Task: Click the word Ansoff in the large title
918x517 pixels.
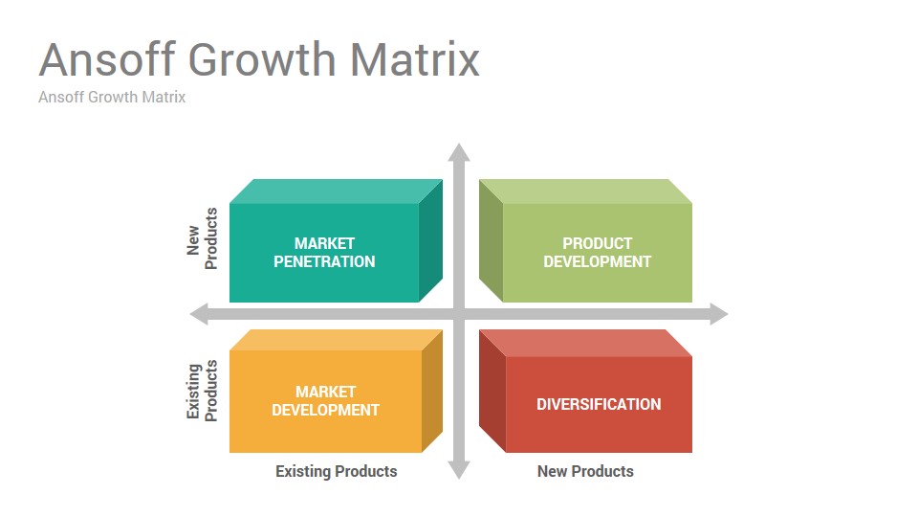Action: [107, 59]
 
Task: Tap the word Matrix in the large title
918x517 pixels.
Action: [414, 59]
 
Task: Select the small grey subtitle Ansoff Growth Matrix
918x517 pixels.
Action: [112, 97]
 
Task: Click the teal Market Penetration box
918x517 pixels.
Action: [336, 241]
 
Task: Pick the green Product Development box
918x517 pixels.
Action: [585, 241]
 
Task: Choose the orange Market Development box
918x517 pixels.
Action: [336, 391]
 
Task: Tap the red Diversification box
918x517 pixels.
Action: [585, 391]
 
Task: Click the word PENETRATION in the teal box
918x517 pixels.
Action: [324, 261]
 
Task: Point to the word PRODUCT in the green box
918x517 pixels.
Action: [597, 243]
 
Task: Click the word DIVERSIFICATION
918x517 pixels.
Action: [599, 404]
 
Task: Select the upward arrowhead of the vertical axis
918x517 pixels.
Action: [459, 152]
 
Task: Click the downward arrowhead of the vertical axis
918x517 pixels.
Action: [459, 470]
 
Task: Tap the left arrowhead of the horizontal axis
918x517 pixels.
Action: [199, 314]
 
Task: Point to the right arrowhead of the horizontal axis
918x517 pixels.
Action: [719, 314]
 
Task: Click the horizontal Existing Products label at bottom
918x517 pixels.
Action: [336, 471]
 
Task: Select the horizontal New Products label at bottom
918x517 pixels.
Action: [585, 471]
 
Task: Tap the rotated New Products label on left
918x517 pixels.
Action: [202, 238]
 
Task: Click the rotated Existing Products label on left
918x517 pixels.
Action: [202, 391]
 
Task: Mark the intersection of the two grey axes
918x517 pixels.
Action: [459, 314]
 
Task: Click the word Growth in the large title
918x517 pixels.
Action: [262, 59]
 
